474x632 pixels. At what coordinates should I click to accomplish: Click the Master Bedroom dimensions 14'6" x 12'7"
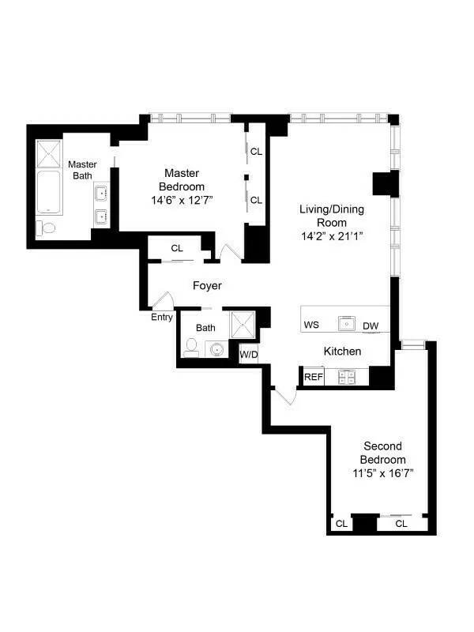pos(182,201)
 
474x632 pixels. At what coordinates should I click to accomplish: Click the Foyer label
pos(207,286)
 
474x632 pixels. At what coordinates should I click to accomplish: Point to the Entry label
pos(162,318)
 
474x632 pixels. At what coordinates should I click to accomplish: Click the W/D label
pos(249,354)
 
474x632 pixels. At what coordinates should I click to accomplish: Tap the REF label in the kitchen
pos(314,377)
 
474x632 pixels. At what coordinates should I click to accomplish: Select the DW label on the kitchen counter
pos(371,325)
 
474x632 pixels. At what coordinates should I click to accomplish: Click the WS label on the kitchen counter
pos(311,325)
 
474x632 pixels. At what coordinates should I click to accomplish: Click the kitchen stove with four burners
pos(346,377)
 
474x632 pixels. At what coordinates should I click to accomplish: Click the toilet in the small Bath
pos(191,346)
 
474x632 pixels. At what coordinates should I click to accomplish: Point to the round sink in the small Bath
pos(217,348)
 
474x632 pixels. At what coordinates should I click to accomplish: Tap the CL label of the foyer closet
pos(177,249)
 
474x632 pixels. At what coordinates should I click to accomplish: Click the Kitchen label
pos(343,351)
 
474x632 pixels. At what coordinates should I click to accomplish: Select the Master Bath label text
pos(82,170)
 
